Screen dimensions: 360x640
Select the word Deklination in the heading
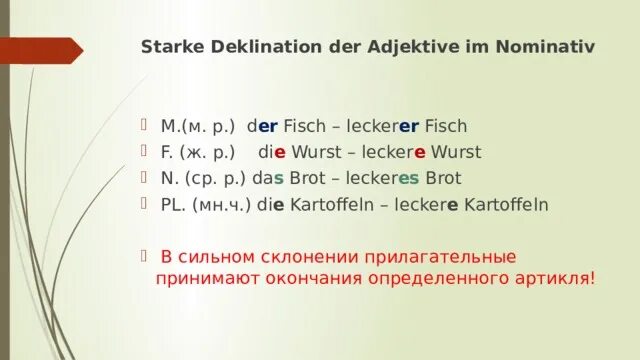[246, 46]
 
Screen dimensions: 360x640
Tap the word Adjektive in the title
[381, 46]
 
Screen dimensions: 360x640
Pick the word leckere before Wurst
[391, 153]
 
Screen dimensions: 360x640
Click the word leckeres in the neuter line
[384, 179]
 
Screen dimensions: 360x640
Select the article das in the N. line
[266, 179]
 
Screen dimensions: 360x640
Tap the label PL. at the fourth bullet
[172, 205]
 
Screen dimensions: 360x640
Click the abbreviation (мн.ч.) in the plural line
[217, 205]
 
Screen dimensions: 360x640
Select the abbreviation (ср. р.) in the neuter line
[210, 179]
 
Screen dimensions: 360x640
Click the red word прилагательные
[441, 257]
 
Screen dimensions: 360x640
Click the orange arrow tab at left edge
[40, 50]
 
